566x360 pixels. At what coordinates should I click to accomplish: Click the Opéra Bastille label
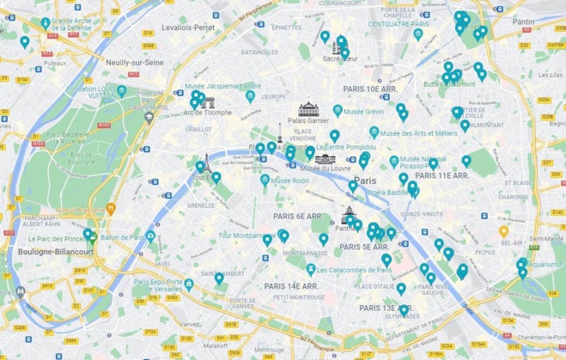pyautogui.click(x=388, y=192)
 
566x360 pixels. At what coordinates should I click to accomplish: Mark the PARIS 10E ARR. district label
pyautogui.click(x=372, y=88)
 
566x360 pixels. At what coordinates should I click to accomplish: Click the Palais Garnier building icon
pyautogui.click(x=307, y=109)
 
